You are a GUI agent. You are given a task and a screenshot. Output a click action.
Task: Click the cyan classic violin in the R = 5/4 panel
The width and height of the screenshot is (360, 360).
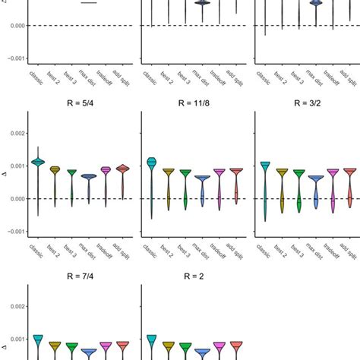coord(38,163)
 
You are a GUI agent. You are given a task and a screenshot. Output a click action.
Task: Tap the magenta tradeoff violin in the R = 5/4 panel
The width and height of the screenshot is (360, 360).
coord(106,171)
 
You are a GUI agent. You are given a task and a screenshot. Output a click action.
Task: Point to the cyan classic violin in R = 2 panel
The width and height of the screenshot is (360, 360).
coord(151,339)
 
